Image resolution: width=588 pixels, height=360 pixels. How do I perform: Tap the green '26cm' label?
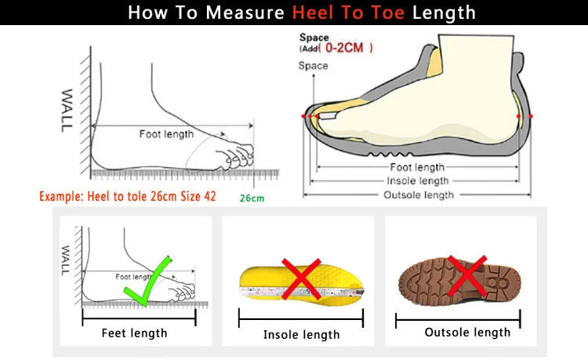[252, 198]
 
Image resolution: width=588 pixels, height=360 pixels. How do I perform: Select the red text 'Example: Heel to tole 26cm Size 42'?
[127, 196]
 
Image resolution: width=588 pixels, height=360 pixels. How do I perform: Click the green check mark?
[147, 280]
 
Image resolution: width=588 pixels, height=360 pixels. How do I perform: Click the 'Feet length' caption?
[135, 333]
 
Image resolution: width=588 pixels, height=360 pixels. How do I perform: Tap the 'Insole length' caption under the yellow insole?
[302, 334]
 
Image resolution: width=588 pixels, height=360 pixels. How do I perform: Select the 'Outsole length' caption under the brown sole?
[467, 332]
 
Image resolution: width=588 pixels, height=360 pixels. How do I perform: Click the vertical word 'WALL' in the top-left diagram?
[68, 109]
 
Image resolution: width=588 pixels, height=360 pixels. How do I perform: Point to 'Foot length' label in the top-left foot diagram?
[166, 134]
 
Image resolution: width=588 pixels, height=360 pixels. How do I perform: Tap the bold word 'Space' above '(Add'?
[314, 38]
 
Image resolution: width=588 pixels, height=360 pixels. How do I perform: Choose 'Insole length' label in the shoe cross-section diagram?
[418, 180]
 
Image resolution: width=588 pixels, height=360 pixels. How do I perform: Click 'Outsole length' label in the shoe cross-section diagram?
[418, 195]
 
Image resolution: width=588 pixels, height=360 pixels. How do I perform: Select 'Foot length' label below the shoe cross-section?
[417, 167]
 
